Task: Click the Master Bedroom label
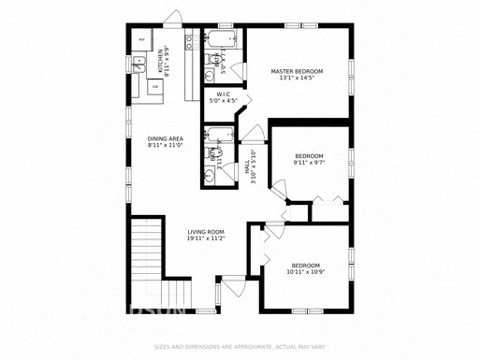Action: [x=297, y=75]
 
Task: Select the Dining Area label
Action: [x=165, y=141]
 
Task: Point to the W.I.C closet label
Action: [x=224, y=98]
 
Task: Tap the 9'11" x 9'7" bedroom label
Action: [x=310, y=159]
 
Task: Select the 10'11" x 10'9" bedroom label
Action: [x=305, y=268]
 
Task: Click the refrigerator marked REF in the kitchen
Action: [x=142, y=39]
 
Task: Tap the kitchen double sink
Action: [x=138, y=65]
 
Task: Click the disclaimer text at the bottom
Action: [x=240, y=348]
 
